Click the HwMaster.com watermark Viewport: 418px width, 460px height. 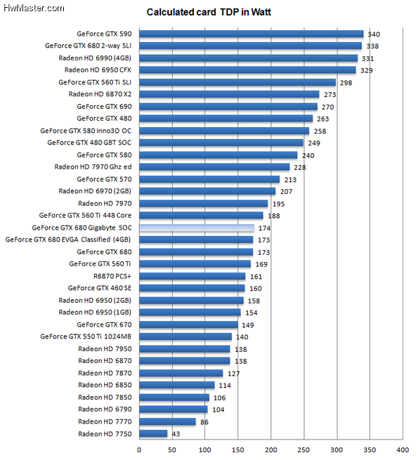(34, 8)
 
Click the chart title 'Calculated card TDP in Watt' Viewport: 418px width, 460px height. (209, 12)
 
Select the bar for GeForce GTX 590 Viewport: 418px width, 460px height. (252, 34)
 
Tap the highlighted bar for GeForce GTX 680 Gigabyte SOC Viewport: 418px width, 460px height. (197, 228)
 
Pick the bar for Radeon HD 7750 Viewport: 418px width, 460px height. (153, 433)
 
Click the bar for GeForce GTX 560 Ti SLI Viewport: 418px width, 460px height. (237, 82)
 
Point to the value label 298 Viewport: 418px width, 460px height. (346, 83)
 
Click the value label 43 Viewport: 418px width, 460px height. (176, 434)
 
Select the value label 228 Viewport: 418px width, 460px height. (300, 168)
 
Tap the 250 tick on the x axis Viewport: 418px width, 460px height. (303, 450)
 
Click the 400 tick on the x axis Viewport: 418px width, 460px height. (403, 450)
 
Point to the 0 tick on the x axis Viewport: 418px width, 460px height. (139, 450)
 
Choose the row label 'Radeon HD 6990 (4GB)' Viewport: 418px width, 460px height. (95, 58)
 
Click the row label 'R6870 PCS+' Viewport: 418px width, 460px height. (112, 276)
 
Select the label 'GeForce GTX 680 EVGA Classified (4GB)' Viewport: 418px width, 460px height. (68, 239)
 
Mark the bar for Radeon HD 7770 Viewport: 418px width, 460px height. (167, 421)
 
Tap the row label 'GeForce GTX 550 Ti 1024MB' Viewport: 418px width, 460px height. (86, 336)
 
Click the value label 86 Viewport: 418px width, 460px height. (204, 422)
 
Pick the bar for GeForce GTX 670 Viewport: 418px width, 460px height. (188, 324)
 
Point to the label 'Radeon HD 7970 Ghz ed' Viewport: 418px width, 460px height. (93, 167)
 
